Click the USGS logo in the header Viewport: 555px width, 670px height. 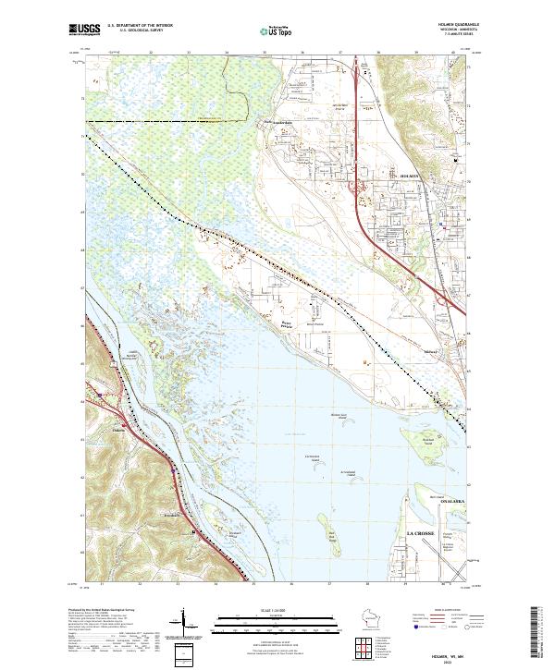[x=85, y=30]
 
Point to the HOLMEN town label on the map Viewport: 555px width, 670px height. [x=410, y=175]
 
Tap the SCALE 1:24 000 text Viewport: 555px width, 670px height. [x=276, y=609]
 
